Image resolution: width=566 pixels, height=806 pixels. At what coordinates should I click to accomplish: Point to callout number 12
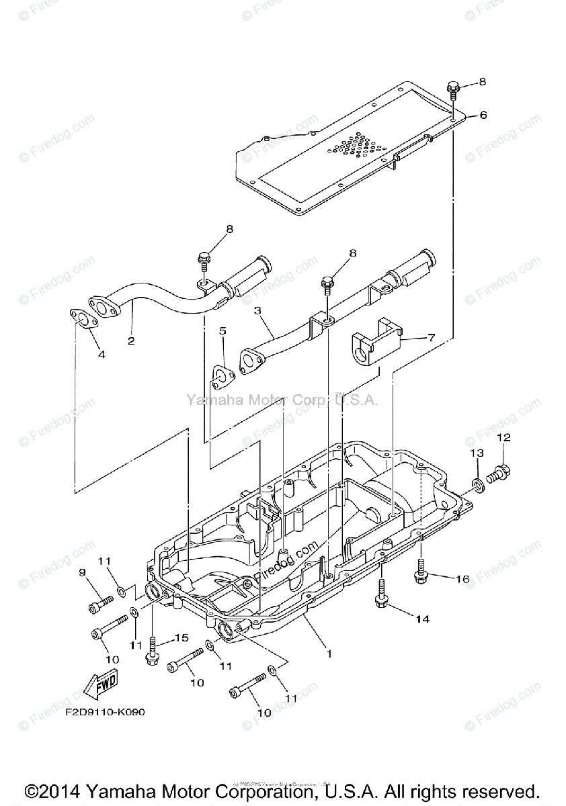click(503, 437)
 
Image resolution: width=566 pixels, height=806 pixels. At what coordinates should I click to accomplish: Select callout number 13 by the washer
click(476, 454)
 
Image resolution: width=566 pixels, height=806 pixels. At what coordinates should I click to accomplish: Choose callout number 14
click(421, 619)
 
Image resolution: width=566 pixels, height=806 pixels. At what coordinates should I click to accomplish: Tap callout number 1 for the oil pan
click(329, 652)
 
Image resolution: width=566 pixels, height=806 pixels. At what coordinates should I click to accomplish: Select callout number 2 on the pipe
click(131, 341)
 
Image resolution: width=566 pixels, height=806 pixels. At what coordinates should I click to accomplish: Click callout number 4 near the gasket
click(101, 354)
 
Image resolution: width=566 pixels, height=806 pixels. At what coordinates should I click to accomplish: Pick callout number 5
click(222, 330)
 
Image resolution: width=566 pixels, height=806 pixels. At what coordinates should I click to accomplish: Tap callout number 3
click(257, 311)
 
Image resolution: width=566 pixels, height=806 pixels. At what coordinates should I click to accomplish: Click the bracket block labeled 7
click(374, 343)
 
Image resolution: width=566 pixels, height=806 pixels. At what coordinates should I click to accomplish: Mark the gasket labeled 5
click(220, 377)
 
